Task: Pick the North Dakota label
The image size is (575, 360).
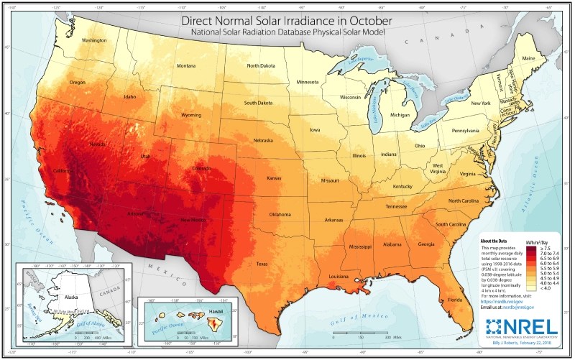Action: [x=263, y=65]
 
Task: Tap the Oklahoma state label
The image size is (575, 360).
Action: [x=280, y=214]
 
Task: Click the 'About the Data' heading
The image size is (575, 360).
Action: [x=495, y=241]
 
